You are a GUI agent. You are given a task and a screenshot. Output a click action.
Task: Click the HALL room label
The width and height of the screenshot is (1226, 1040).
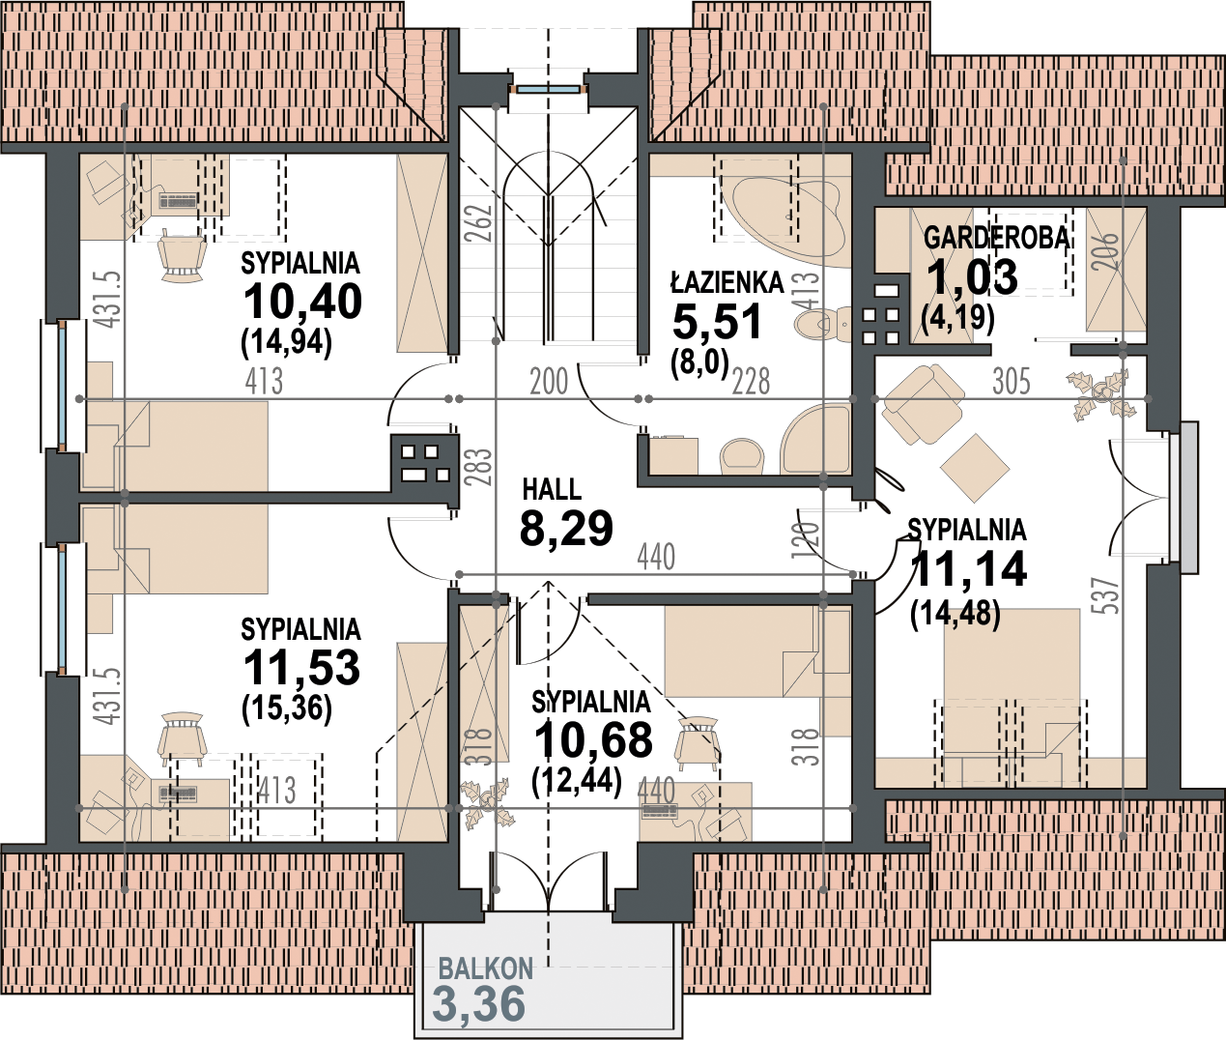coord(552,490)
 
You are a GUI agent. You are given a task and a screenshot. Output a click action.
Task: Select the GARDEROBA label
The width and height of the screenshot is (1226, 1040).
coord(996,238)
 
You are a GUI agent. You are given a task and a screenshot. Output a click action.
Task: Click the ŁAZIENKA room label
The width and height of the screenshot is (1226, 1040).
coord(727,283)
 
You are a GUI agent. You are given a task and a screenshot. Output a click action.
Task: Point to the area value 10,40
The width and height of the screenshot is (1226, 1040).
coord(301,302)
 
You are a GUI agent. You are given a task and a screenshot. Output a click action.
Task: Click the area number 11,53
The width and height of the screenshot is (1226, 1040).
coord(301,668)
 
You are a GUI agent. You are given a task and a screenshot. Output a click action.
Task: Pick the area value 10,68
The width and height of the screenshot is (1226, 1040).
coord(593,739)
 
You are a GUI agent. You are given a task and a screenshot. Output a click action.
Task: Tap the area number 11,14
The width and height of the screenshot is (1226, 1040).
coord(969,567)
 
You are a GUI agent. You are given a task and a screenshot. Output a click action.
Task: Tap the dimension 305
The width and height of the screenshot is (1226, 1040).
coord(1012,381)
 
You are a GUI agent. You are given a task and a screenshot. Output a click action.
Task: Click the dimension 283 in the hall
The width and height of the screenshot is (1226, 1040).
coord(483,466)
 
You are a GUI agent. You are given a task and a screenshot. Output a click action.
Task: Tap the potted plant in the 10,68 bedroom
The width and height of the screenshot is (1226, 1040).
coord(487,801)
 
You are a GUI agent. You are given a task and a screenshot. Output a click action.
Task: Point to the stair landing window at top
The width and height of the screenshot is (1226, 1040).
coord(548,89)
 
